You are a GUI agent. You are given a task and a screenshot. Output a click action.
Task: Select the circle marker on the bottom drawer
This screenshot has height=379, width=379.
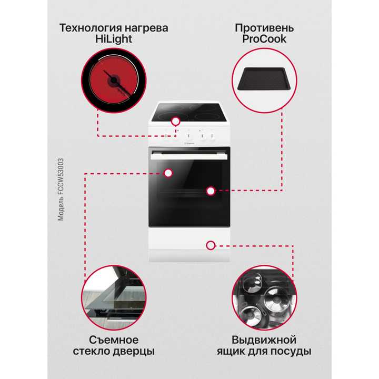(211, 245)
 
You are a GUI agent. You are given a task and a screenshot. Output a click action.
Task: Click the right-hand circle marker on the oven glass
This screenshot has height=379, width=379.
(211, 191)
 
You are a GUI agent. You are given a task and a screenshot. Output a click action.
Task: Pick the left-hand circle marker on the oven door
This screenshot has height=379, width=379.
(168, 172)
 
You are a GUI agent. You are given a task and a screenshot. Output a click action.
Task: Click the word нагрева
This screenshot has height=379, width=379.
(147, 27)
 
